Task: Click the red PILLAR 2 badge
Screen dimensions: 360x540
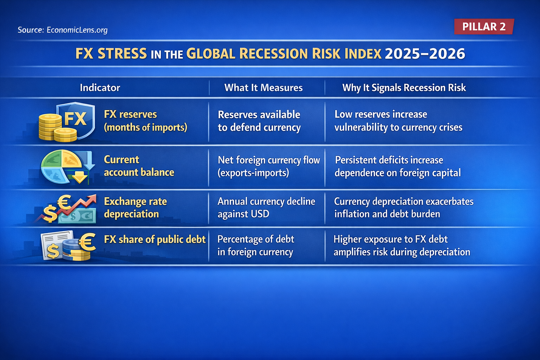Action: coord(484,27)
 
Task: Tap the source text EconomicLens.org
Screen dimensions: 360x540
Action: coord(77,30)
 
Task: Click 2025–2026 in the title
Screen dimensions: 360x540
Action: coord(425,54)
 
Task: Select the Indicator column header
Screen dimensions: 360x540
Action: coord(100,88)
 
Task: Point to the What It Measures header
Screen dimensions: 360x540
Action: coord(263,88)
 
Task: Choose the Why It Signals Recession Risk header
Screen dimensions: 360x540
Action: coord(404,88)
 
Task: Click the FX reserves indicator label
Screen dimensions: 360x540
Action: coord(145,121)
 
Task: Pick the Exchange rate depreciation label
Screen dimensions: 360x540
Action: coord(135,207)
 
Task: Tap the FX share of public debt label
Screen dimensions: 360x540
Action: coord(155,239)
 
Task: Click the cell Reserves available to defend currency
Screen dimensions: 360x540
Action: coord(259,121)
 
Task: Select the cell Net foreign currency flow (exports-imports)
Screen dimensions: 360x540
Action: coord(269,166)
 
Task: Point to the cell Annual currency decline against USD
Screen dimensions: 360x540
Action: coord(266,207)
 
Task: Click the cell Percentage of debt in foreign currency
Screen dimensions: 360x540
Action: coord(256,245)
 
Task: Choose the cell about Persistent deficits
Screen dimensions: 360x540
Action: coord(398,166)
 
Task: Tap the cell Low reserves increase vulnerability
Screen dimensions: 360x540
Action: coord(398,121)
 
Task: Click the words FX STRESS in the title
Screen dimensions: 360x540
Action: coord(111,54)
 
